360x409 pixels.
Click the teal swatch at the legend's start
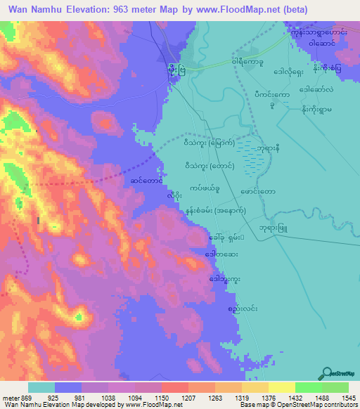41,387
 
